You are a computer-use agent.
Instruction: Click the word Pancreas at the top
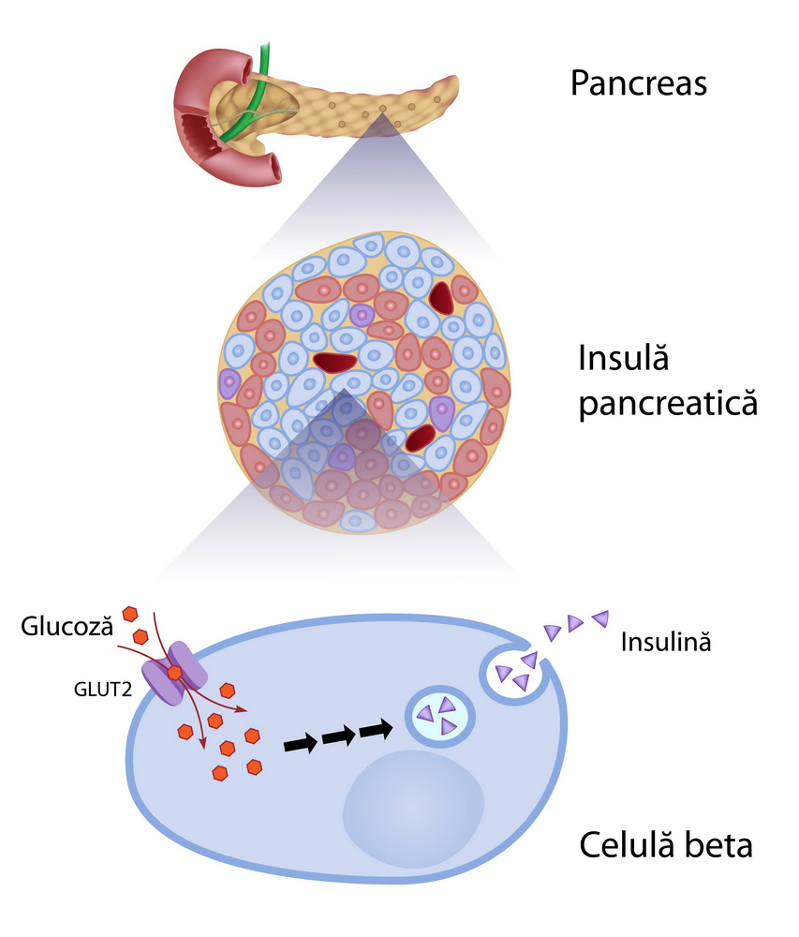638,84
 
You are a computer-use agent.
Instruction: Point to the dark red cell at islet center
334,361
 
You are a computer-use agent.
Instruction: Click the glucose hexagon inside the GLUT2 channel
174,673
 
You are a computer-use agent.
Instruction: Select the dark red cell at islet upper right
440,295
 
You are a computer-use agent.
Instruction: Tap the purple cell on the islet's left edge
229,382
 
